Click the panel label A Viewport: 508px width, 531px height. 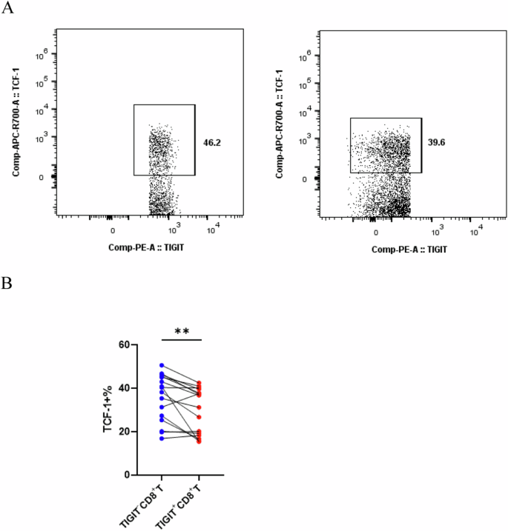coord(7,9)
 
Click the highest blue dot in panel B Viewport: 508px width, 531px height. coord(162,366)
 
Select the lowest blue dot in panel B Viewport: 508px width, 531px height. coord(162,438)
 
